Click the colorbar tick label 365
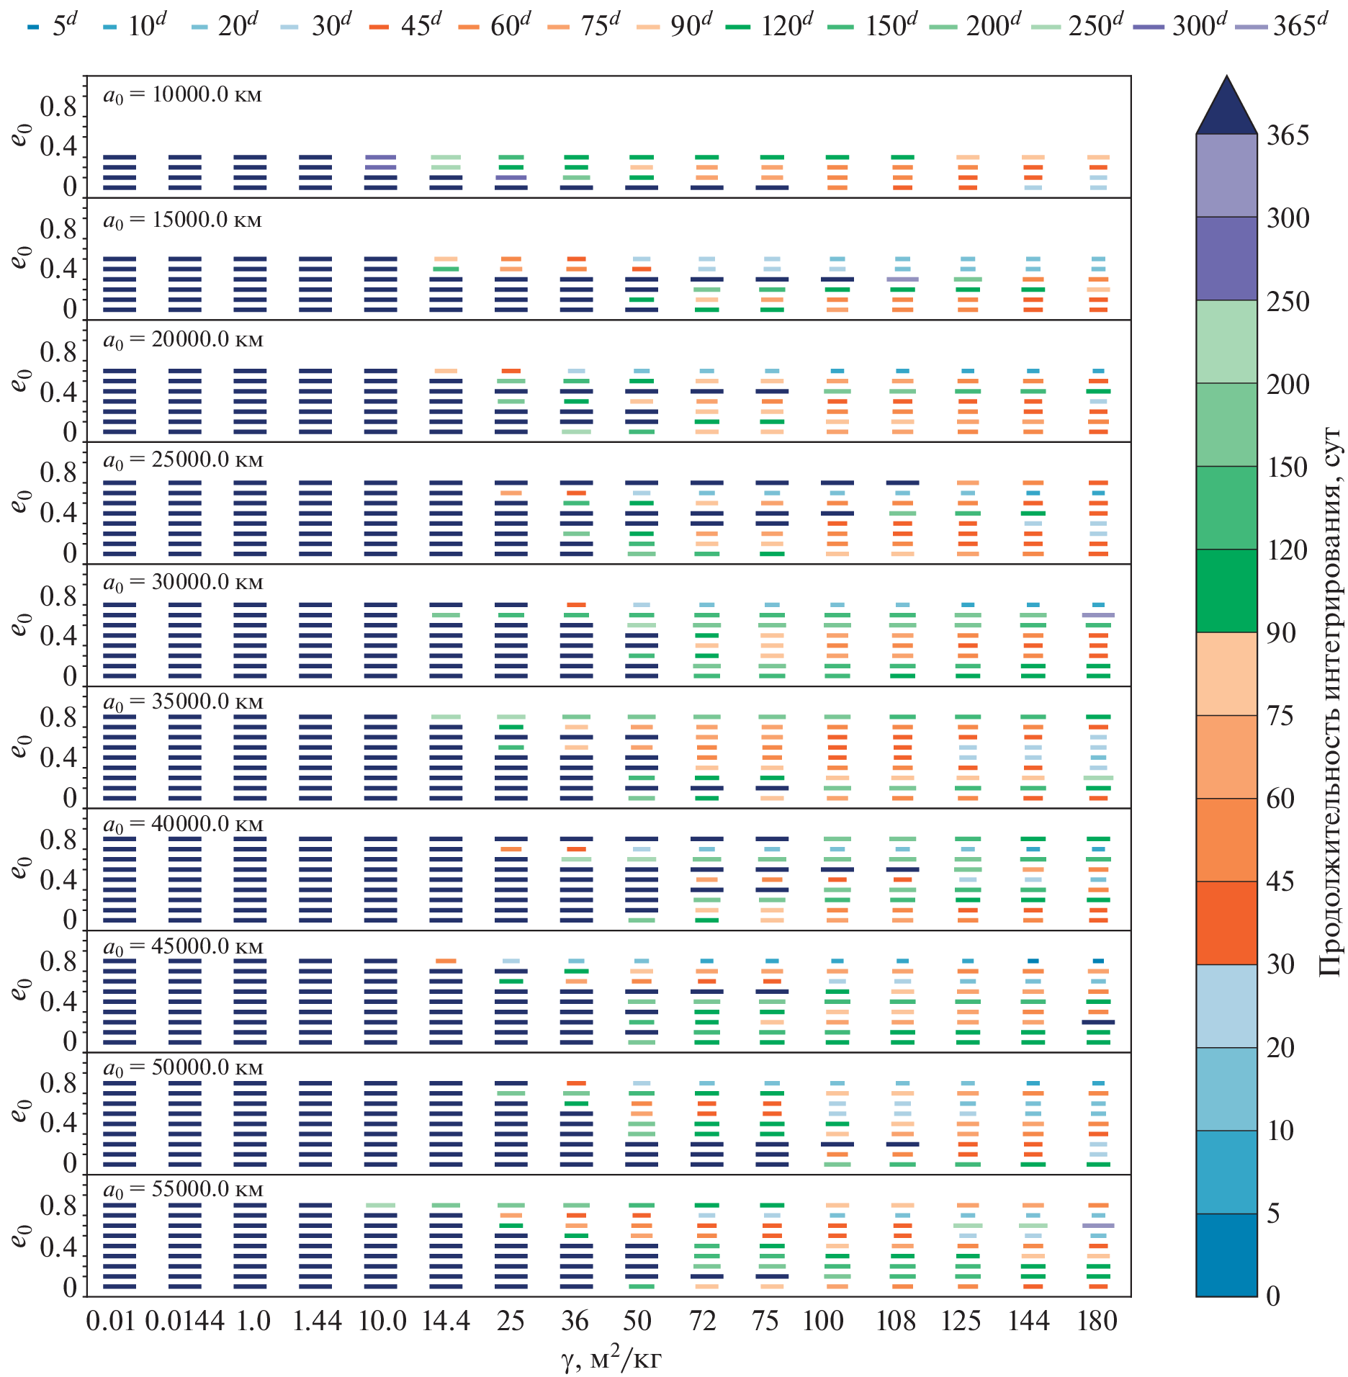(x=1288, y=135)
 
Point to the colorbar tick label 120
(x=1288, y=550)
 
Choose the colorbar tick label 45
(x=1280, y=882)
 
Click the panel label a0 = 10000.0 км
(x=183, y=95)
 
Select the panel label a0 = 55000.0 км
(x=183, y=1190)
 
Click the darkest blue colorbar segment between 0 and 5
(x=1226, y=1255)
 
